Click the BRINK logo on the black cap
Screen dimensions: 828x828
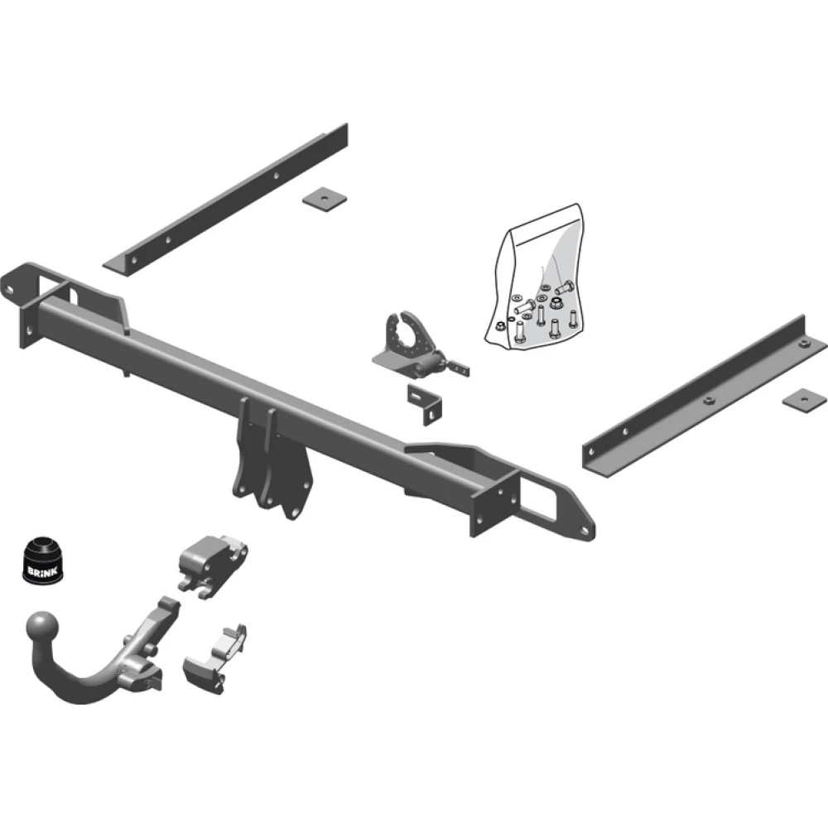tap(42, 570)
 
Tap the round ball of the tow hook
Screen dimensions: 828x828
tap(43, 628)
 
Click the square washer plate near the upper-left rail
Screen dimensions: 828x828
tap(325, 199)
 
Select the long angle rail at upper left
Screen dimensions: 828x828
tap(225, 199)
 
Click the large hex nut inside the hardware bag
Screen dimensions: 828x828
tap(555, 303)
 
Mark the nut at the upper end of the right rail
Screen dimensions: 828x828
tap(803, 344)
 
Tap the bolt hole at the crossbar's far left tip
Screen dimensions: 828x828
tap(9, 289)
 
